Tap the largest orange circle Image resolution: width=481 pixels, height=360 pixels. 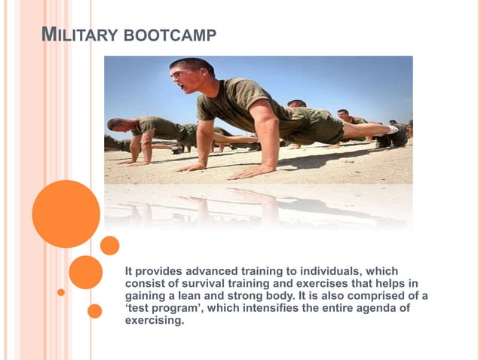pos(66,215)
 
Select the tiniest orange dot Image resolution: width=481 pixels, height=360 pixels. pos(61,292)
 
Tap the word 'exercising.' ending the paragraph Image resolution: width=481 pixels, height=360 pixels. pos(154,320)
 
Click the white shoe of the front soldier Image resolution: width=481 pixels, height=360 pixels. pos(392,130)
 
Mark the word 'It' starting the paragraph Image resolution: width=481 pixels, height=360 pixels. pos(129,271)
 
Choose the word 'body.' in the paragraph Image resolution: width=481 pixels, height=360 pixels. pos(285,295)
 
